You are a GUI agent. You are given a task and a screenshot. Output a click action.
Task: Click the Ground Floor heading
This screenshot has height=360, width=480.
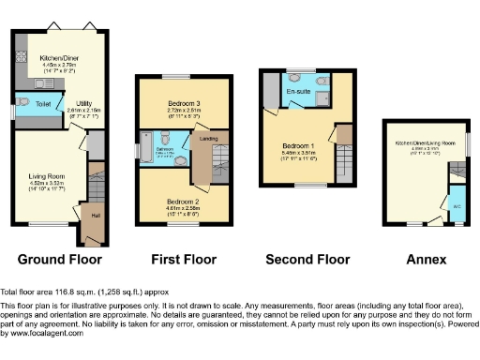[59, 259]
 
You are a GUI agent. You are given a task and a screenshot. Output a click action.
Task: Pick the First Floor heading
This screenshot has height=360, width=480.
[184, 259]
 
